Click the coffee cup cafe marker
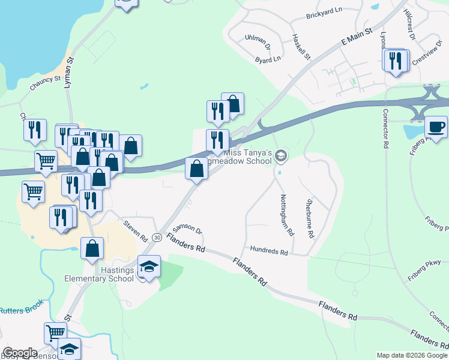pos(436,127)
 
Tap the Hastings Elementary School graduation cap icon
pos(149,266)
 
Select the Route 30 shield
pos(156,238)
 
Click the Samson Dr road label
pos(187,231)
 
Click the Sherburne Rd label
pos(310,219)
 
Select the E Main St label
pos(357,37)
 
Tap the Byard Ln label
pos(268,59)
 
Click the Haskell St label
pos(301,46)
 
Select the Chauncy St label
pos(45,83)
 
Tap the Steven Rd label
pos(136,230)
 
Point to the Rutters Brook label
pos(20,310)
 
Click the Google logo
pos(20,353)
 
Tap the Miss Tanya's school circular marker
pos(280,157)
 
